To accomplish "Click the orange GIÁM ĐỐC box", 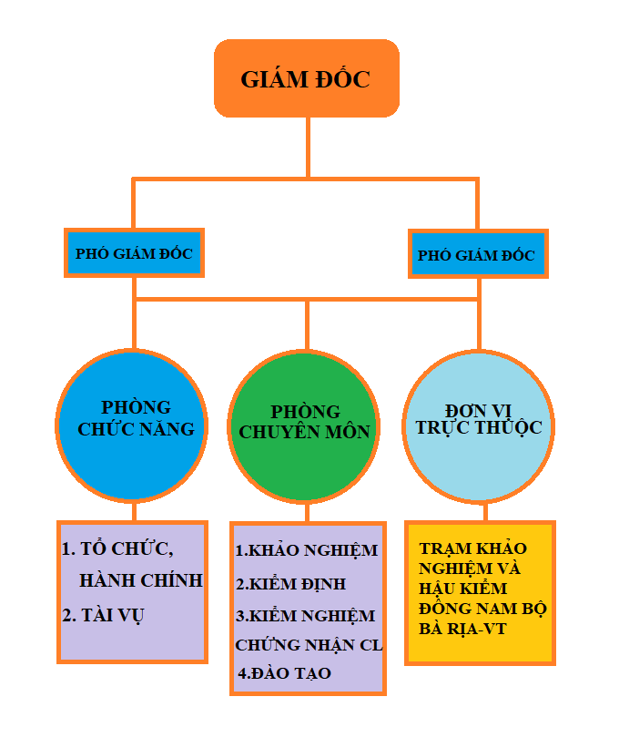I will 307,78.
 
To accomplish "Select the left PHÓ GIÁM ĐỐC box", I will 134,253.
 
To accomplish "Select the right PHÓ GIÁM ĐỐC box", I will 476,254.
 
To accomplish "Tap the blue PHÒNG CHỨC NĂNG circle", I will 133,425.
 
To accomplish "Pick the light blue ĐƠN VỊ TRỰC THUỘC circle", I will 479,424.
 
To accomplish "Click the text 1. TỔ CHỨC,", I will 117,549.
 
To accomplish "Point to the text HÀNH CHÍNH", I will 140,580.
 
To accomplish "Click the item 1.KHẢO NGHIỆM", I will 306,550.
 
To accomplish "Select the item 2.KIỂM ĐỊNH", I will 290,583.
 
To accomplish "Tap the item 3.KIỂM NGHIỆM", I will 305,616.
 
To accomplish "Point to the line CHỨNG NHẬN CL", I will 309,645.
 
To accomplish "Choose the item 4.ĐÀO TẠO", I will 285,673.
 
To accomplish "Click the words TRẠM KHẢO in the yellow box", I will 473,548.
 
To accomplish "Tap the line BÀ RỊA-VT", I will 462,629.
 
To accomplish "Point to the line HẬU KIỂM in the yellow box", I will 463,588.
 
